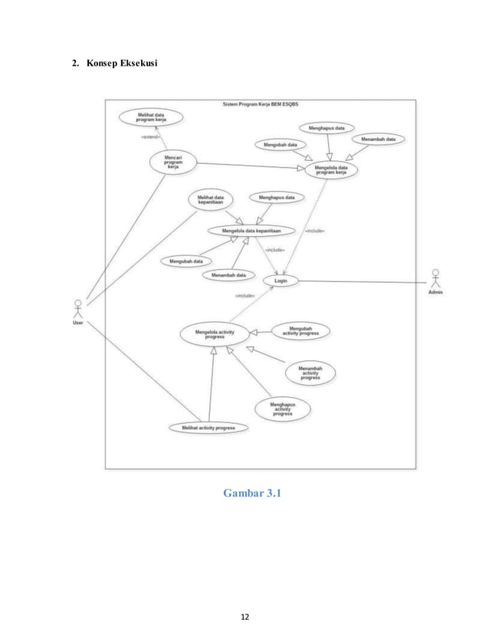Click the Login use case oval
pos(281,280)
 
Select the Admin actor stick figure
pos(435,278)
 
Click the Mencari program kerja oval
pos(172,162)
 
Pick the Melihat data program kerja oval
pos(151,117)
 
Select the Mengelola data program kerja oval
pos(331,170)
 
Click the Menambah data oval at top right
pos(379,139)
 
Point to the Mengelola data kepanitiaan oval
pos(251,230)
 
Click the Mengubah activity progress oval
pos(300,331)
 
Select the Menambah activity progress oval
pos(310,373)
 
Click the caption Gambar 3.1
pos(251,493)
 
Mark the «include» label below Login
pos(244,295)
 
